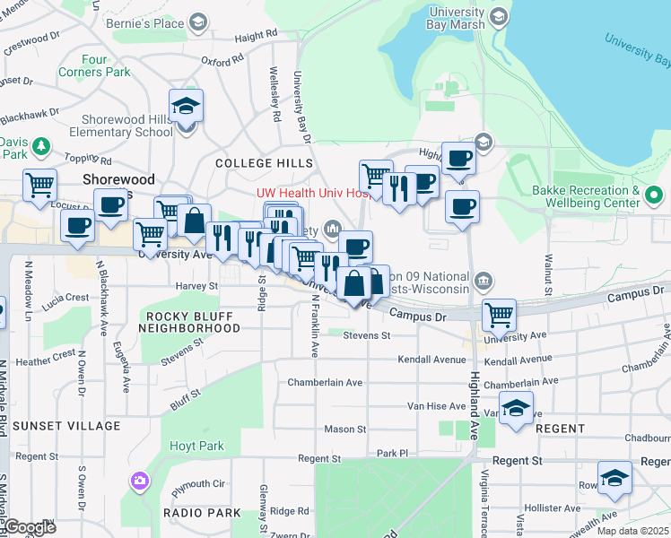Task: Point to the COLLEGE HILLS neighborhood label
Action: click(264, 163)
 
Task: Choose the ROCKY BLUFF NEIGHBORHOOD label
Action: click(188, 323)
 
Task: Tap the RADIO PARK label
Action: click(202, 513)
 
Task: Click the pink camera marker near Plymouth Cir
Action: click(138, 481)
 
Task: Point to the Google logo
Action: click(29, 527)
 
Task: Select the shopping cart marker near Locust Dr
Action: click(40, 187)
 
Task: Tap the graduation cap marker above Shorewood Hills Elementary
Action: click(187, 107)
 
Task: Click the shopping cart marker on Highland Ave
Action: click(499, 316)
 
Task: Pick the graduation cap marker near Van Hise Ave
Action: click(516, 409)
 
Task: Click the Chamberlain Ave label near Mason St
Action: click(325, 382)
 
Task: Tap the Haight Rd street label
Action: click(257, 36)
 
